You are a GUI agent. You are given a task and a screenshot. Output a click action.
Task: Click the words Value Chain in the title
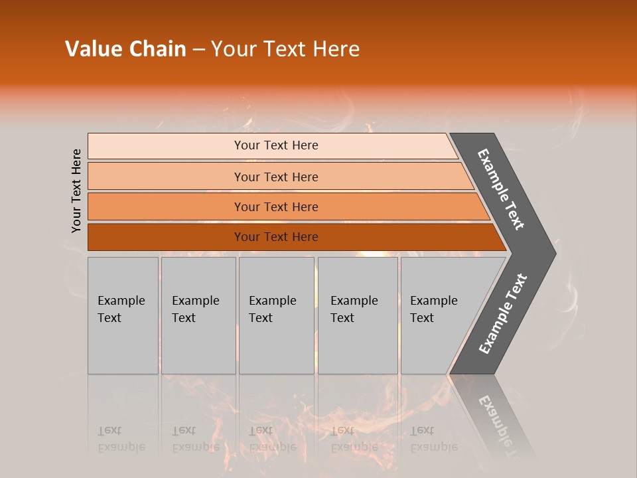coord(125,49)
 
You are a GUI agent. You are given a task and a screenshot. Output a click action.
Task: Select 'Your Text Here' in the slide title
coord(285,49)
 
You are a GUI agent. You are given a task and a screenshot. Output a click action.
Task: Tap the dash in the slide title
coord(198,50)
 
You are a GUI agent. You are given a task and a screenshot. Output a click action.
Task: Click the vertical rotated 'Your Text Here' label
coord(76,191)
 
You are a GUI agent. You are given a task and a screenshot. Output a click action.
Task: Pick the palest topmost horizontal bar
coord(275,145)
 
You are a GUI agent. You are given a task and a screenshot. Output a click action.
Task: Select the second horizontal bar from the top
coord(275,177)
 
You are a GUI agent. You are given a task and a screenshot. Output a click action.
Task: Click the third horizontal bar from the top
coord(275,206)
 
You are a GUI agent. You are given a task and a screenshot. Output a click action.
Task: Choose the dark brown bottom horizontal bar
coord(275,237)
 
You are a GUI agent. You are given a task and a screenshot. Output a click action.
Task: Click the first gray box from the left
coord(123,315)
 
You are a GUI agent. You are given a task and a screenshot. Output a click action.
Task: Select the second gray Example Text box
coord(198,315)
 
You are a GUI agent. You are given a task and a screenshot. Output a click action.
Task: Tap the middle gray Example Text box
coord(276,315)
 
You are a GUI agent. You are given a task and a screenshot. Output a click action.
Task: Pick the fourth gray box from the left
coord(357,315)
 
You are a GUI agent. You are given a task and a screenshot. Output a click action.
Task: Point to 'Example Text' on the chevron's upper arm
coord(502,189)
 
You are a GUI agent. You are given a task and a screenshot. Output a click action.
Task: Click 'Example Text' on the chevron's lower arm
coord(502,314)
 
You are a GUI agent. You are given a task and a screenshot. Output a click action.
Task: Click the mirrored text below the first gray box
coord(121,439)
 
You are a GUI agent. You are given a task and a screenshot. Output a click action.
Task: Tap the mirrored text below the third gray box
coord(272,439)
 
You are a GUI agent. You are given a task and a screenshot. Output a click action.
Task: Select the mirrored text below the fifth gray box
coord(433,439)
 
